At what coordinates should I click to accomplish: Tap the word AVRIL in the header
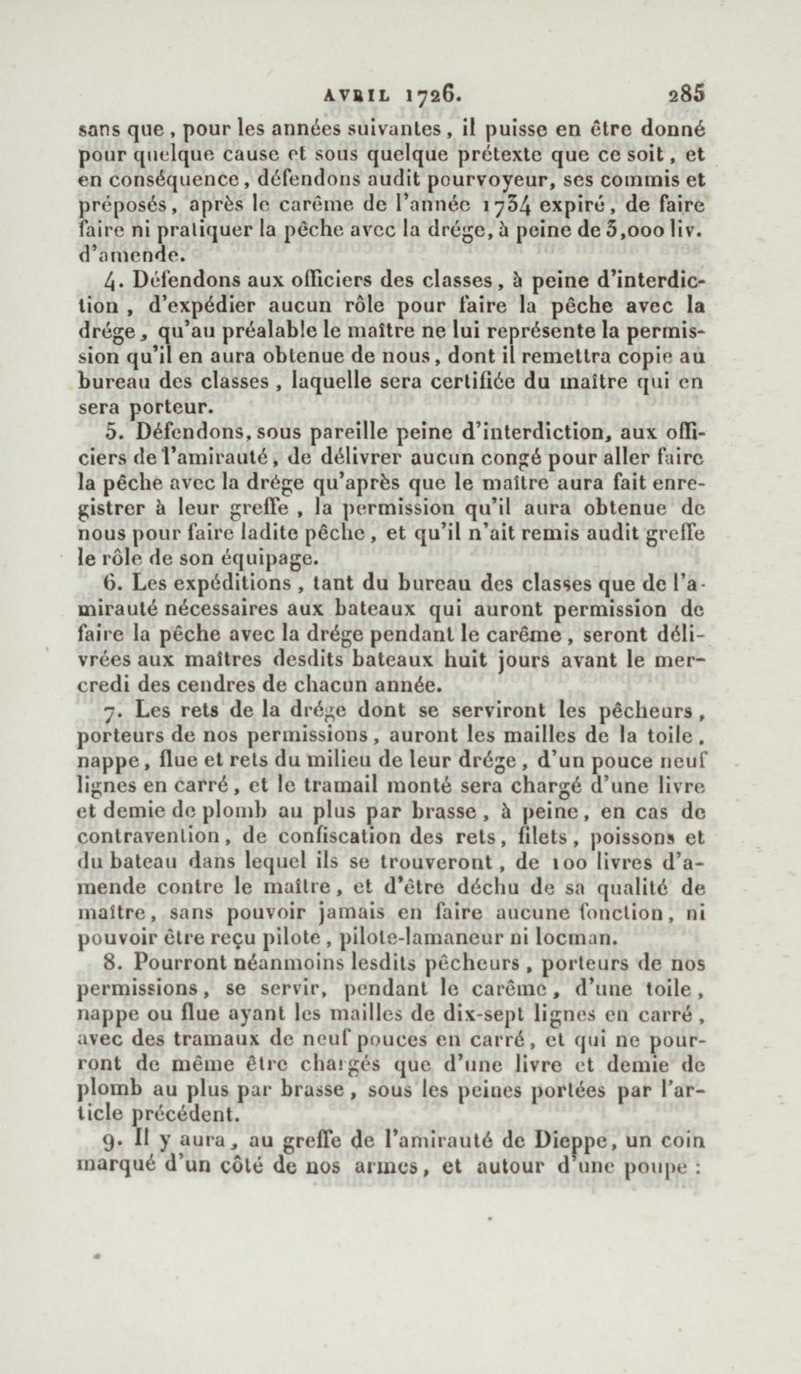[x=357, y=96]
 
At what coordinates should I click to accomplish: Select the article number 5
[x=111, y=431]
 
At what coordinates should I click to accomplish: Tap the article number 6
[x=110, y=584]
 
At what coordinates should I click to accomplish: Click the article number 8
[x=111, y=963]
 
